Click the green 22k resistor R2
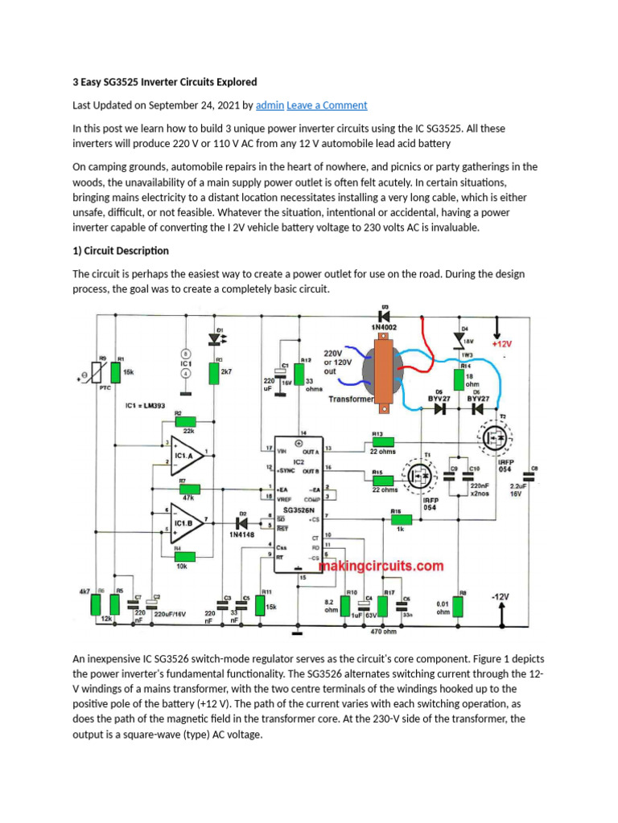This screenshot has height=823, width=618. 185,421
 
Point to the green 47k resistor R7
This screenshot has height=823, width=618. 189,489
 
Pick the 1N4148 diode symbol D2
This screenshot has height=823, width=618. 240,521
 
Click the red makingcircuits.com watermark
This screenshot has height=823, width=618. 381,566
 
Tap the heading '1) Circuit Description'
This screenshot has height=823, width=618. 121,251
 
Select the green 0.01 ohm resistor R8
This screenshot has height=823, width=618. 459,608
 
